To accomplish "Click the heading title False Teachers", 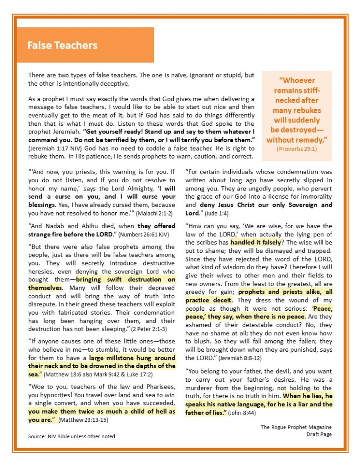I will pos(62,45).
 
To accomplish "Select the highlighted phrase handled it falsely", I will pos(256,242).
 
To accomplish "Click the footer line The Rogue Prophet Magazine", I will pos(296,427).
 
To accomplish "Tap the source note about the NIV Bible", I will pos(71,436).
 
